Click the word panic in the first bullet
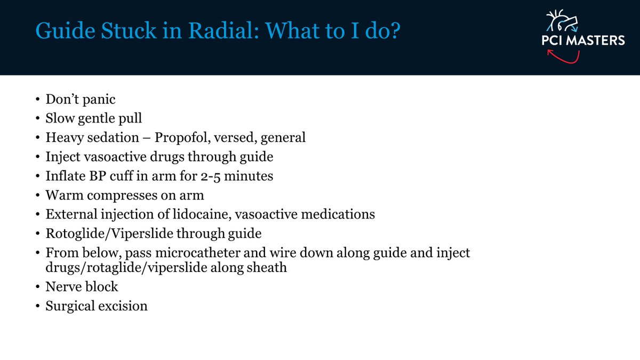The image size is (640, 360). [x=100, y=99]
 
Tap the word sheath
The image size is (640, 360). [x=268, y=268]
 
